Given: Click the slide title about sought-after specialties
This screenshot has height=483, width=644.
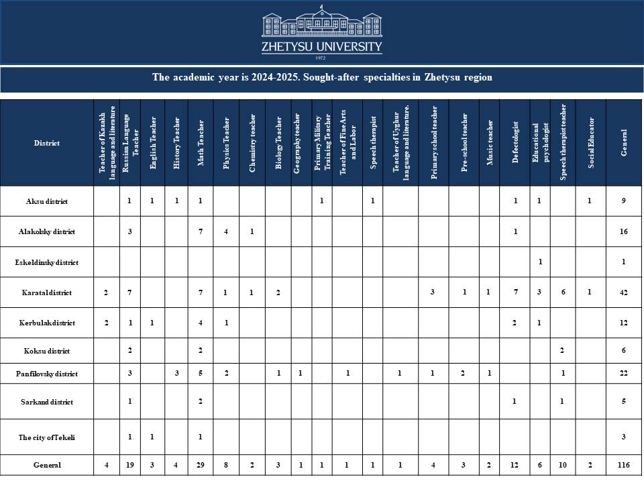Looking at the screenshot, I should (x=322, y=77).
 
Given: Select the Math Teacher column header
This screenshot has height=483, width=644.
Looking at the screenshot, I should (x=201, y=142).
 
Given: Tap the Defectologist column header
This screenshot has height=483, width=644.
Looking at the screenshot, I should (x=515, y=142).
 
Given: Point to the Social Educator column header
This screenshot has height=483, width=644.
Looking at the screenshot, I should (x=590, y=142).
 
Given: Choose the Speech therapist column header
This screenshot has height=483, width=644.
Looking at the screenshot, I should (x=372, y=142).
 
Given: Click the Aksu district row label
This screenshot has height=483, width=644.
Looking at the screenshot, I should (x=47, y=201).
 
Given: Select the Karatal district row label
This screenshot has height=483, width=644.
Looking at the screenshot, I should (x=47, y=292).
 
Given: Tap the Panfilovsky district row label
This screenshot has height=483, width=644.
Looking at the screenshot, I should (x=47, y=374).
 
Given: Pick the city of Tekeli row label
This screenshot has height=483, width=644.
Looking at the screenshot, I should (x=47, y=437).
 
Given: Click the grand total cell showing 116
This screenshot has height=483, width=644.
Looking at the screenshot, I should (x=624, y=465).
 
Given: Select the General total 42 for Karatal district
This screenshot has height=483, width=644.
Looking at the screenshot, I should (x=624, y=292).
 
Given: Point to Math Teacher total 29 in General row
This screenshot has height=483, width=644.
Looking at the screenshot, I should (x=201, y=465).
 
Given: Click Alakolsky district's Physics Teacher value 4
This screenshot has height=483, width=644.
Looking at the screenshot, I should (x=226, y=231).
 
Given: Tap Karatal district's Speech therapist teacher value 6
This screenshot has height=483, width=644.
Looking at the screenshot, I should (x=562, y=292).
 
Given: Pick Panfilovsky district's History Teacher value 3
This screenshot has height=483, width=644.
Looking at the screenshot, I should (x=176, y=374).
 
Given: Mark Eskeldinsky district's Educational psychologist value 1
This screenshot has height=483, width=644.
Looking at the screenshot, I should (x=540, y=262).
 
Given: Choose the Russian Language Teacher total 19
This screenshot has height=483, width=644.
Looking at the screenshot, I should (x=129, y=465).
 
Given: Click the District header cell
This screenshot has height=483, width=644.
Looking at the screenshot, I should (x=47, y=143).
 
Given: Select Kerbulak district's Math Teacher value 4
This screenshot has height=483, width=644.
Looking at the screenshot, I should (x=201, y=323).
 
